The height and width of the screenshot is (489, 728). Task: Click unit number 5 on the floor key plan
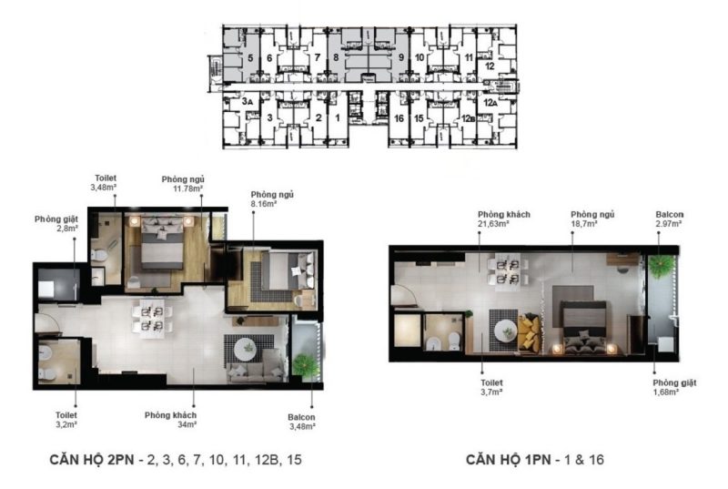pyautogui.click(x=250, y=58)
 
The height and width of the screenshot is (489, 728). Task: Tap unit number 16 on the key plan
pyautogui.click(x=399, y=119)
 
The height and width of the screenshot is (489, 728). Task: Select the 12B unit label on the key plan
pyautogui.click(x=468, y=119)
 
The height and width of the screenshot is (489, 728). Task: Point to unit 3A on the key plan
pyautogui.click(x=247, y=101)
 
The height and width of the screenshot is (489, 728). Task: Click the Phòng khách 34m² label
pyautogui.click(x=170, y=420)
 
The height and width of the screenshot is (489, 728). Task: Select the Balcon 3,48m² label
pyautogui.click(x=302, y=422)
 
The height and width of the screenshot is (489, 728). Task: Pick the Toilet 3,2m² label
pyautogui.click(x=66, y=420)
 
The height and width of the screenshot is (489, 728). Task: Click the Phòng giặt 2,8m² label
pyautogui.click(x=56, y=223)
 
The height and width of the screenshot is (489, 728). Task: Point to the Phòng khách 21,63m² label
pyautogui.click(x=504, y=219)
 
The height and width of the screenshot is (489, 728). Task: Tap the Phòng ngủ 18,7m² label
pyautogui.click(x=592, y=219)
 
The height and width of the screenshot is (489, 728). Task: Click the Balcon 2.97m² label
pyautogui.click(x=670, y=219)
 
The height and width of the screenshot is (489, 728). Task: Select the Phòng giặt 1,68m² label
pyautogui.click(x=674, y=387)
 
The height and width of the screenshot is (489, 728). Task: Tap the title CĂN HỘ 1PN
pyautogui.click(x=509, y=460)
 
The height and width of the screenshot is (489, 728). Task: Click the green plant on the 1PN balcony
pyautogui.click(x=662, y=266)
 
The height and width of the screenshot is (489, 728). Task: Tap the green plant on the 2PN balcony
pyautogui.click(x=307, y=364)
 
